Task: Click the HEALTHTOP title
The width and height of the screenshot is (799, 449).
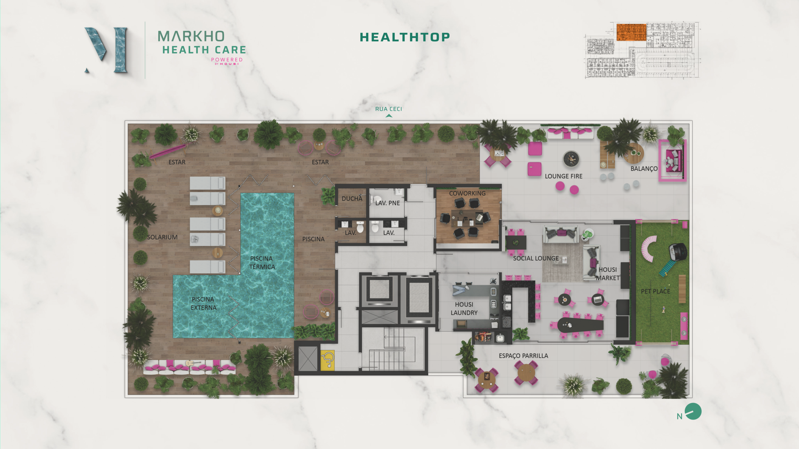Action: pos(405,37)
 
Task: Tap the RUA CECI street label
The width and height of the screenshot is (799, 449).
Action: pos(388,109)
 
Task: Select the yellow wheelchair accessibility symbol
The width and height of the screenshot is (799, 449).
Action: pos(327,360)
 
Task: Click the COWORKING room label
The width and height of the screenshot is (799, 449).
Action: pos(467,193)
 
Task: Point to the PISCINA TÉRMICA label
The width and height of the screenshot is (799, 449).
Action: pos(262,262)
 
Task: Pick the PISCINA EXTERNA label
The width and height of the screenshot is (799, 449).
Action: pos(204,303)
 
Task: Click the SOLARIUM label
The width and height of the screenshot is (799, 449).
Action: pos(162,237)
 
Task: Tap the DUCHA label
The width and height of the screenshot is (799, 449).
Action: pos(352,199)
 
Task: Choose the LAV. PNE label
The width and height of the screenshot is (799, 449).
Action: pos(387,203)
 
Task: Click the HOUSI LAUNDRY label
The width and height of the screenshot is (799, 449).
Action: pos(464,309)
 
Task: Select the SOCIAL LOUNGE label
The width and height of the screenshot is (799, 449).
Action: pos(536,259)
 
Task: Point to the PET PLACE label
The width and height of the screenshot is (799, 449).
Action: pos(655,291)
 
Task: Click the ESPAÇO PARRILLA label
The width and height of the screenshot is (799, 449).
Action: pos(523,356)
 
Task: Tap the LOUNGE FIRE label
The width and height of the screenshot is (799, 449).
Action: pos(564,176)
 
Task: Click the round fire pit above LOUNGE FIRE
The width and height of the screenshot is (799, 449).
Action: pos(571,159)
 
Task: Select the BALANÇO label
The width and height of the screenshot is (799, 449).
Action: pos(644,169)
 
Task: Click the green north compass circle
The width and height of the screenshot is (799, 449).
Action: pos(693,411)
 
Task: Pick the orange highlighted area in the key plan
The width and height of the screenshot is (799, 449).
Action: pos(631,32)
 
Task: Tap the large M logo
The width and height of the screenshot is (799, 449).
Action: pos(106,50)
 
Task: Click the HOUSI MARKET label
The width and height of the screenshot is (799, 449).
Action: pos(608,274)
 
